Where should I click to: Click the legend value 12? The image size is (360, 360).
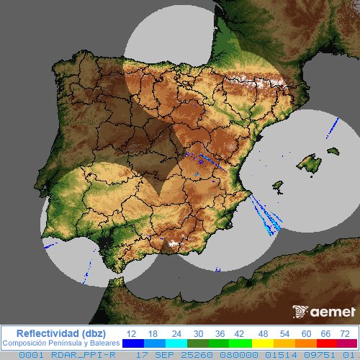click(132, 333)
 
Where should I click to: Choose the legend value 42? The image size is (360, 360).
click(238, 333)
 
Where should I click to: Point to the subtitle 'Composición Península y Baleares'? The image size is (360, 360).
click(60, 343)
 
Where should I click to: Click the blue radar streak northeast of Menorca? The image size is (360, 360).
click(333, 128)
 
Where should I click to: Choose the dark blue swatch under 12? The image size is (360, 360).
click(132, 344)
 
